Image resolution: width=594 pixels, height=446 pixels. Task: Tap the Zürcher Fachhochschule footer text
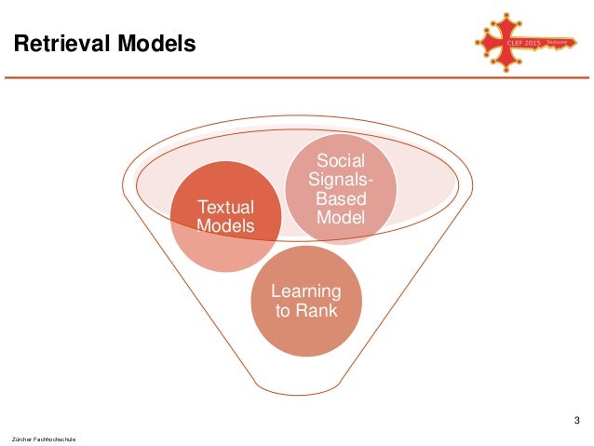click(x=44, y=437)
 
